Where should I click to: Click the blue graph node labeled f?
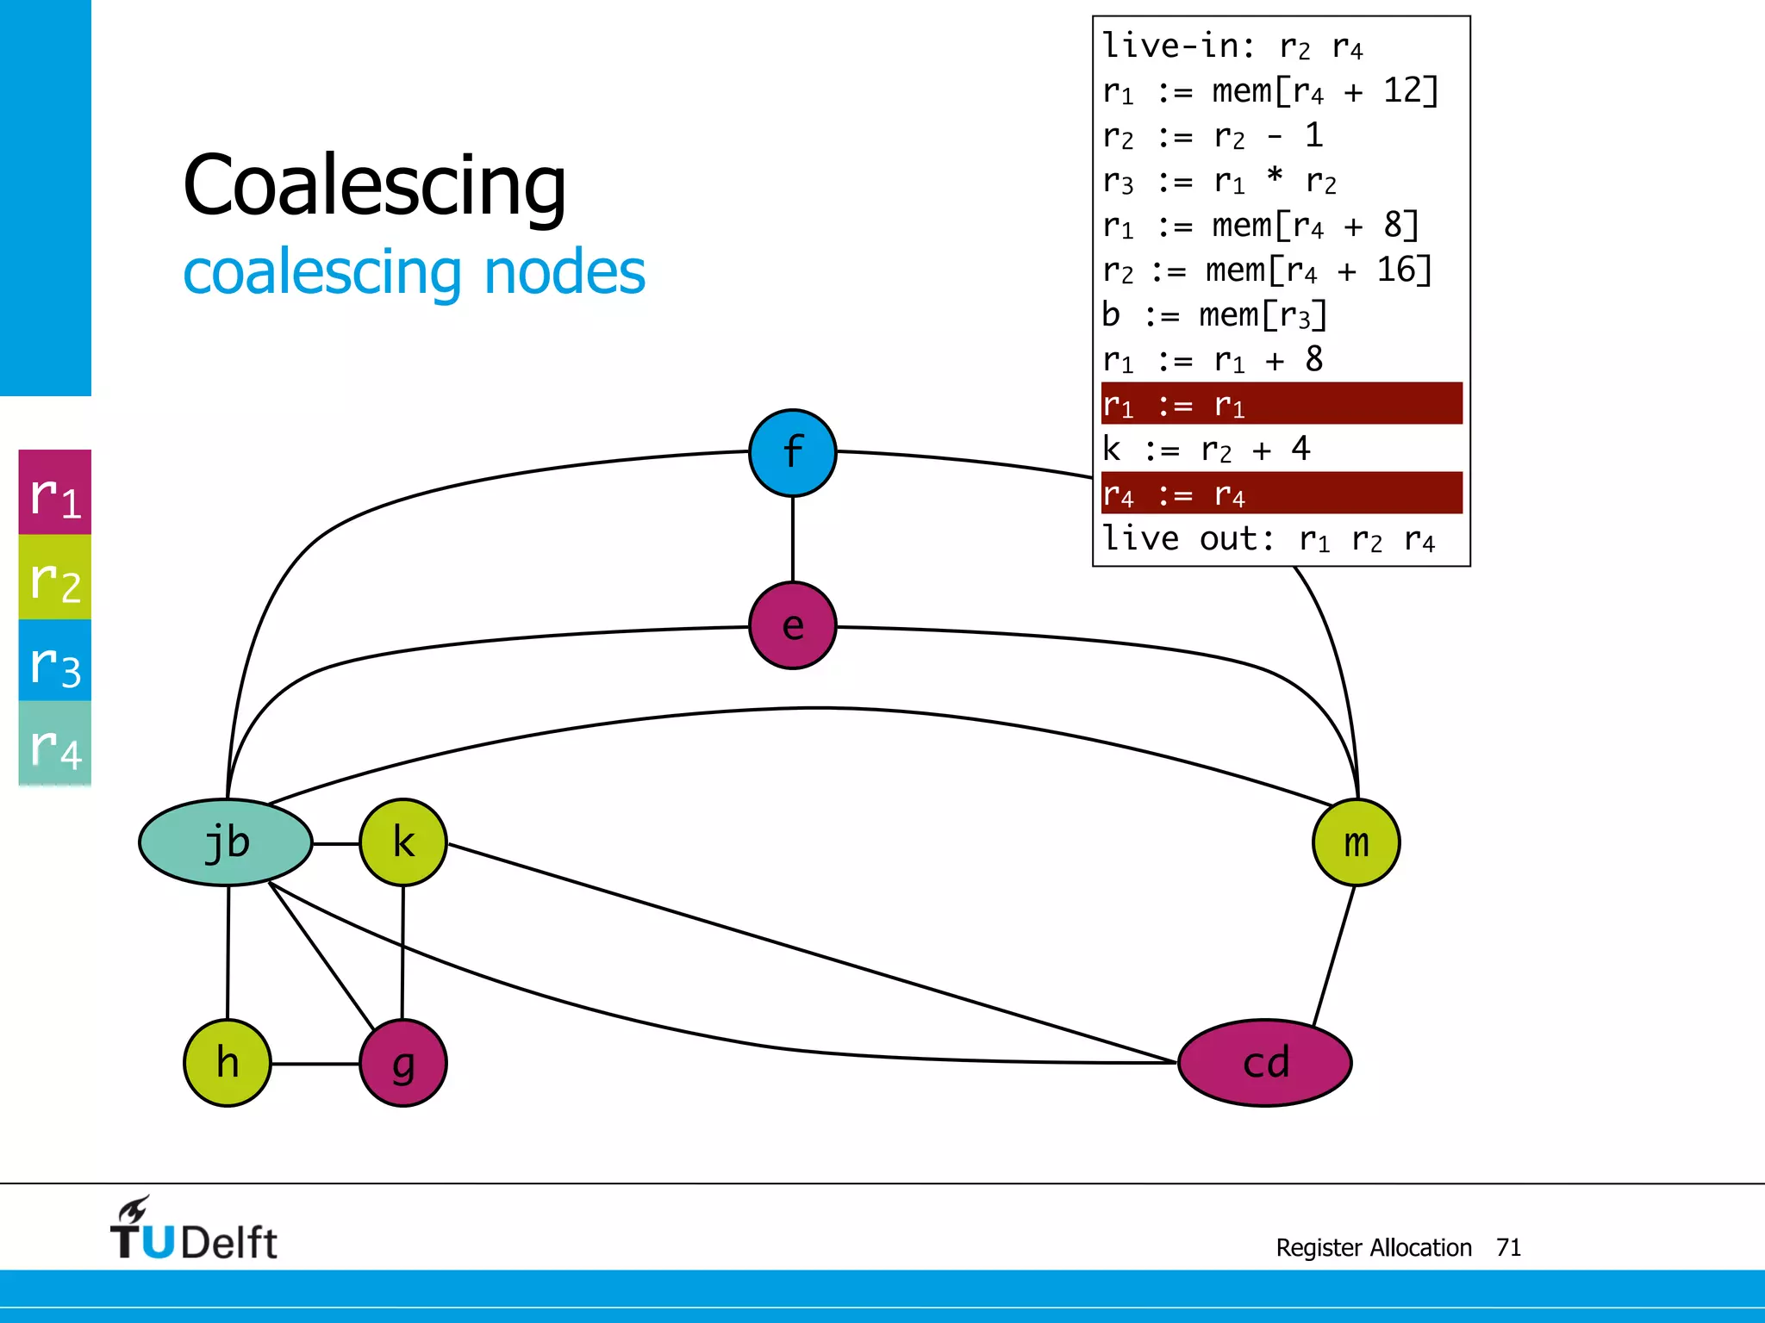[792, 452]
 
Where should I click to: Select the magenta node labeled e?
[792, 625]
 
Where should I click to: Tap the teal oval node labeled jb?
[226, 842]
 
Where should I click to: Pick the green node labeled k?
[403, 842]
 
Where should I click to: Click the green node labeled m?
[1356, 842]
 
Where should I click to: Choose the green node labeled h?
[228, 1063]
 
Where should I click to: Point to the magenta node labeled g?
[403, 1063]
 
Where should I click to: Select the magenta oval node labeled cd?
[1264, 1063]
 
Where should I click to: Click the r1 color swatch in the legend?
[55, 493]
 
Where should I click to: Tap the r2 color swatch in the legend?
[55, 577]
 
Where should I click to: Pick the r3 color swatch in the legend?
[55, 661]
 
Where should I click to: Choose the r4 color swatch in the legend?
[55, 742]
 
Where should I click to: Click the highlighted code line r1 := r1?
[1281, 404]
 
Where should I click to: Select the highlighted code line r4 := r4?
[1281, 494]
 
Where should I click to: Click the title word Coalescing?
[375, 185]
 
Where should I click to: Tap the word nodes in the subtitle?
[564, 272]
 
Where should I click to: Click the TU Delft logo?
[194, 1230]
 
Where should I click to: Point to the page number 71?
[1508, 1247]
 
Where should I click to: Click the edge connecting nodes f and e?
[793, 539]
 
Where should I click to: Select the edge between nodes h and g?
[315, 1064]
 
